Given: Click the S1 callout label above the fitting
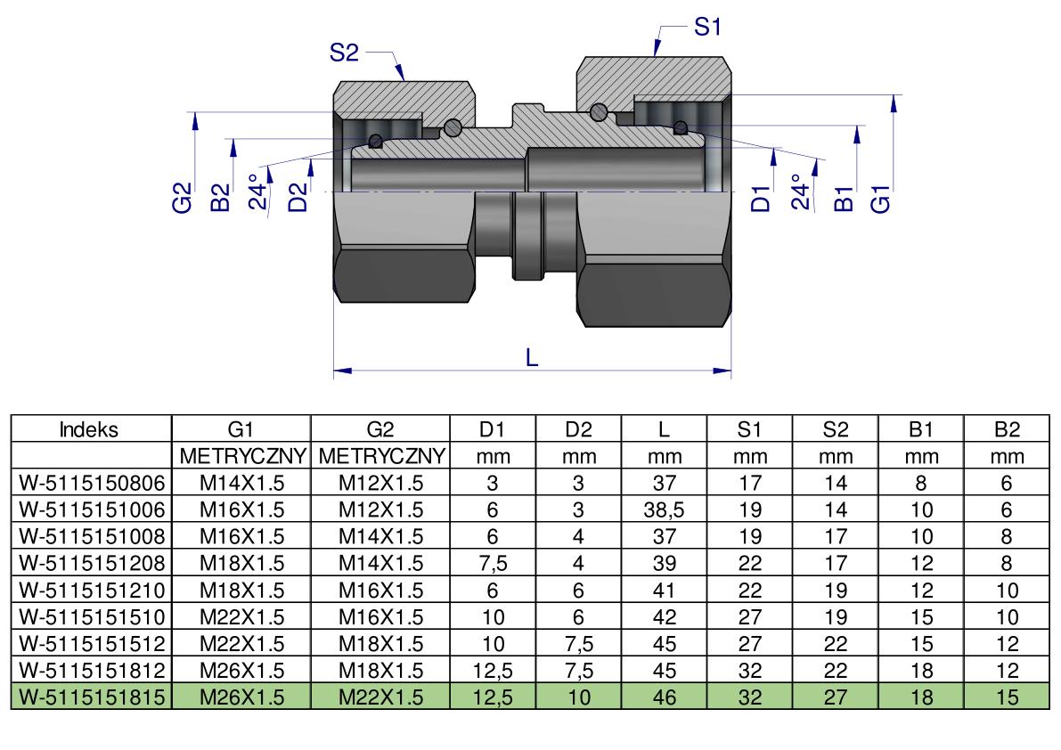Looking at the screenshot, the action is tap(708, 27).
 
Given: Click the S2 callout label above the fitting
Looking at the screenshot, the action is tap(344, 52).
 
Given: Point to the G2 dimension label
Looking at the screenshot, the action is tap(183, 198).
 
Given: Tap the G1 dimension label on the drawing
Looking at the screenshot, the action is tap(880, 198).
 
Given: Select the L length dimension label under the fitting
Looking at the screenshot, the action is tap(532, 358).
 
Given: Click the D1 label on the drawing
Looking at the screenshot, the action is tap(762, 199).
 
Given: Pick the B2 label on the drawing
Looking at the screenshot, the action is tap(221, 198).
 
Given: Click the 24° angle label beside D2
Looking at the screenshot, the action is tap(257, 192).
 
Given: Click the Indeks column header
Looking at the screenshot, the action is tap(89, 429).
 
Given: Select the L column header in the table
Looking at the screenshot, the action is tap(664, 429).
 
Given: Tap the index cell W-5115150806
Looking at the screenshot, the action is tap(92, 483).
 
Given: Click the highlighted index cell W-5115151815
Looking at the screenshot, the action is tap(92, 697).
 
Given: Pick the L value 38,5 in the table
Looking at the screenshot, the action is tap(664, 510).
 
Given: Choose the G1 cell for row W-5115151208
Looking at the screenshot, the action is tap(241, 563).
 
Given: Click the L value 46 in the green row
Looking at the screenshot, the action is tap(664, 697).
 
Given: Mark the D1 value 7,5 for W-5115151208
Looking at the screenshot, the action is tap(493, 563).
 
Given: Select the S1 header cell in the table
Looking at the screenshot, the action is tap(750, 429).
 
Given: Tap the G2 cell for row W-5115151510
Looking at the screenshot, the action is tap(381, 616).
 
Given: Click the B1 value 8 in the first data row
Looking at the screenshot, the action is tap(922, 483).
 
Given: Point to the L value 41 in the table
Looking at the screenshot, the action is tap(664, 591).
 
